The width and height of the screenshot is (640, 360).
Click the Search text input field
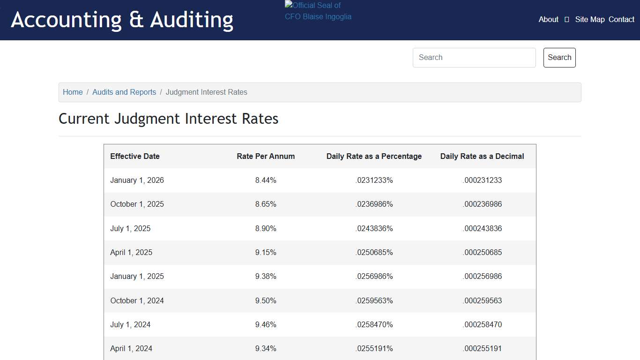click(x=474, y=58)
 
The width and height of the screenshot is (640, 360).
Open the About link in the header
click(x=548, y=19)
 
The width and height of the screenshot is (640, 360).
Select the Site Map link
click(x=589, y=19)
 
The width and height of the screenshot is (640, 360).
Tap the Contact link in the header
click(x=621, y=19)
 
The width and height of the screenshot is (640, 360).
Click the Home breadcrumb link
click(x=73, y=92)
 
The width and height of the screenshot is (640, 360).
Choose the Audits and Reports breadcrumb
click(x=124, y=92)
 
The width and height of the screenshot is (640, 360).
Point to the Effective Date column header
click(x=135, y=157)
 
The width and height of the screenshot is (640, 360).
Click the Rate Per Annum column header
click(x=266, y=157)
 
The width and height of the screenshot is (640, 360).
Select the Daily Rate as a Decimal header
click(x=482, y=157)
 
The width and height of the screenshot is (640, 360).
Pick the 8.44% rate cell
click(x=266, y=180)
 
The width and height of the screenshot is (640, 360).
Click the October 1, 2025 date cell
click(x=137, y=204)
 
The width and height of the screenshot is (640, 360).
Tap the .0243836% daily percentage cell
click(x=374, y=229)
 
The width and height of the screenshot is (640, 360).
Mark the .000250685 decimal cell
click(x=482, y=253)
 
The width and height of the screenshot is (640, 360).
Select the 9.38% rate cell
click(x=266, y=277)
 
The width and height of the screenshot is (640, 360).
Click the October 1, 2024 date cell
click(x=137, y=301)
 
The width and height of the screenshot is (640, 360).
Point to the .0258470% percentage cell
click(x=374, y=325)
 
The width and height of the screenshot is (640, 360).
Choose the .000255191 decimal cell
click(x=482, y=349)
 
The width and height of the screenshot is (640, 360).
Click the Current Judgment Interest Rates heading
click(x=169, y=119)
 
